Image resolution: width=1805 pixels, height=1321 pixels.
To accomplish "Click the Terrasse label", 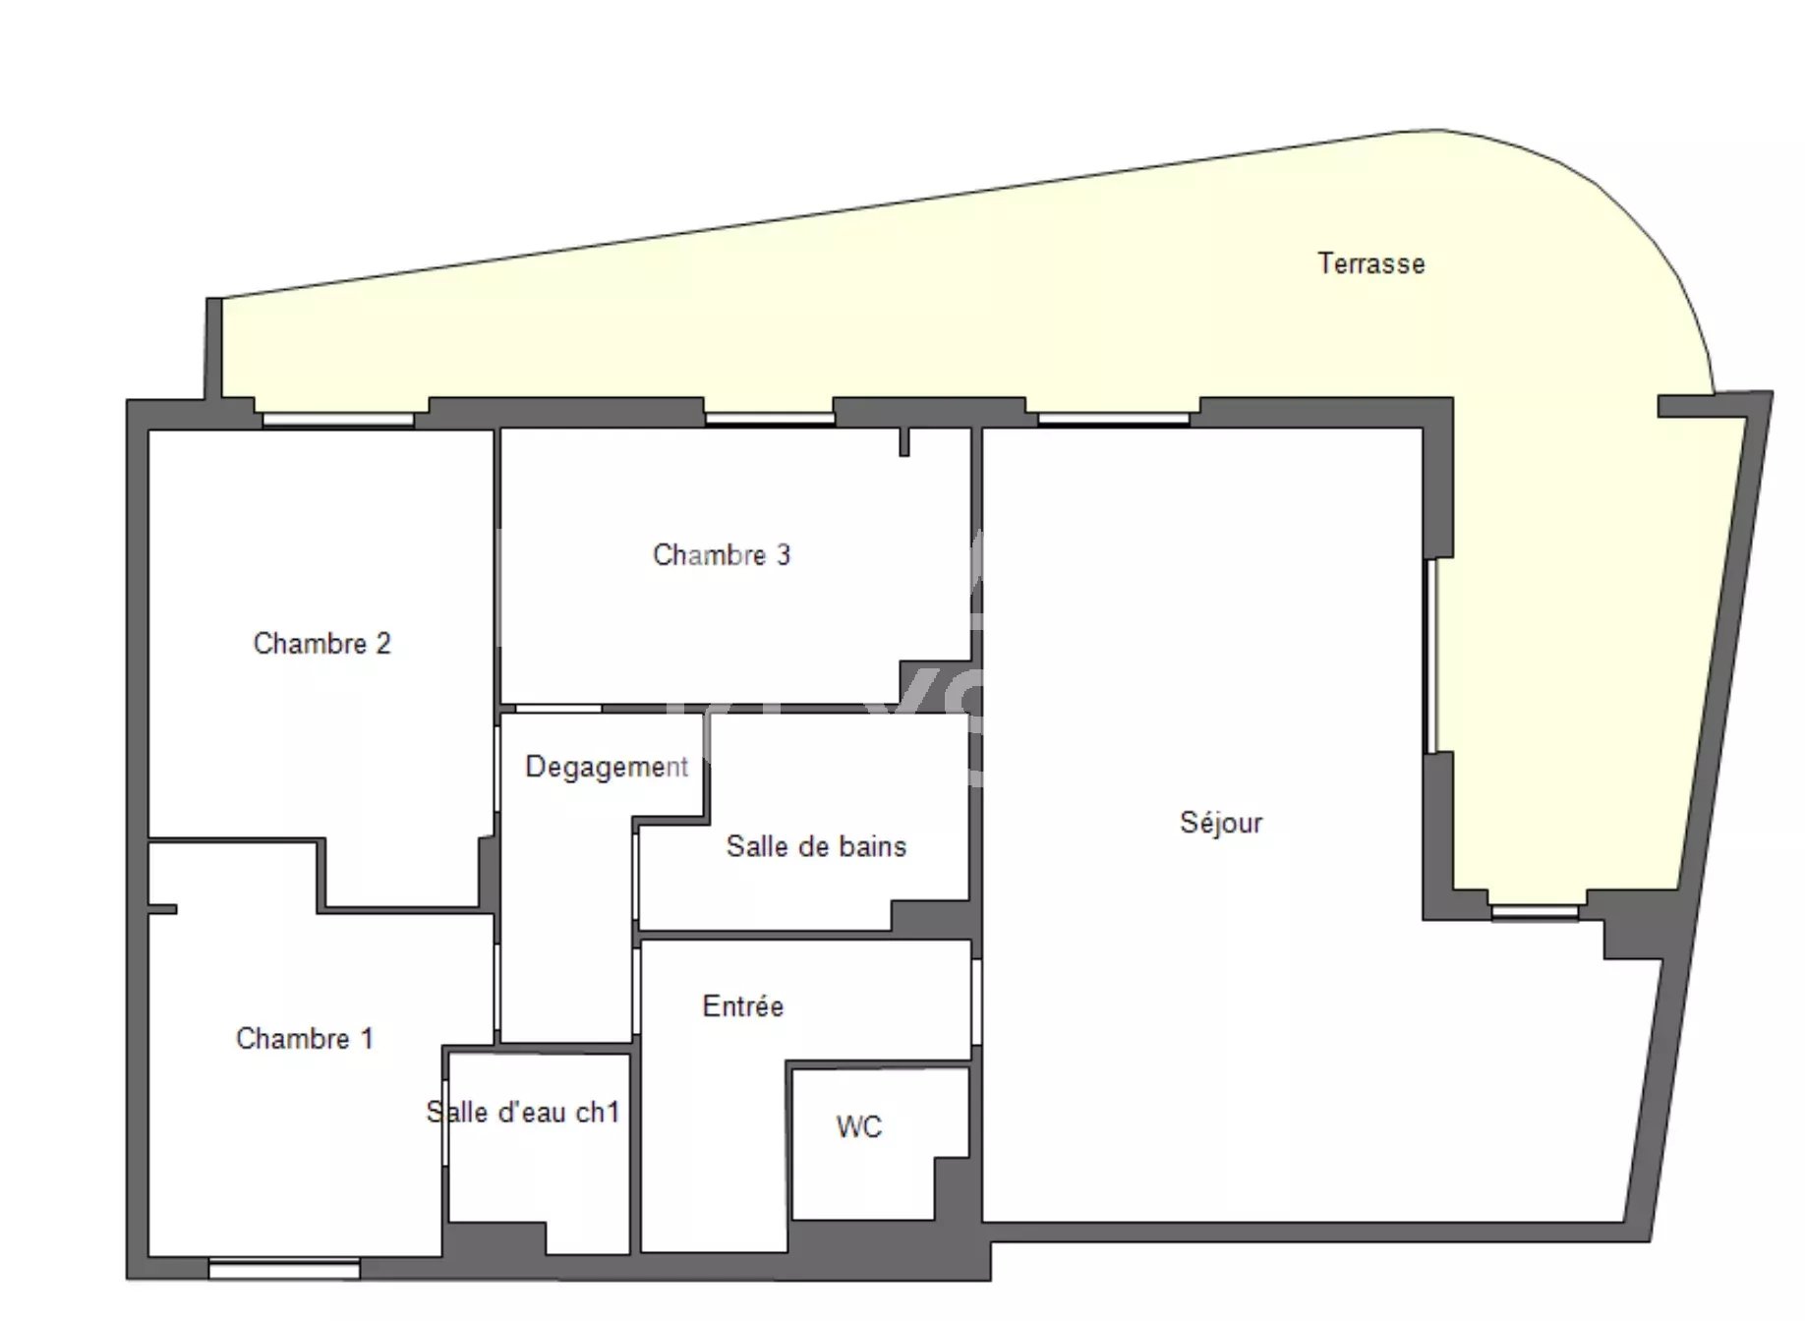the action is (1370, 263).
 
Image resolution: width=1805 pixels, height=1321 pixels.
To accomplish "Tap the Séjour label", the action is (1220, 822).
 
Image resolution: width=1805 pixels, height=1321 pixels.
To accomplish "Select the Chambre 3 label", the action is (722, 554).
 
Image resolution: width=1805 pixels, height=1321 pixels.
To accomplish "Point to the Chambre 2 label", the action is (321, 643).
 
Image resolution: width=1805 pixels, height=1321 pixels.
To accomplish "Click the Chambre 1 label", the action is (305, 1038).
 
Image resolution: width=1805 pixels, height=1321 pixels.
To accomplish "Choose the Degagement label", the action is (607, 767).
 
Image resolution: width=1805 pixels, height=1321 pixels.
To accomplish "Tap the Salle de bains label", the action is (816, 846).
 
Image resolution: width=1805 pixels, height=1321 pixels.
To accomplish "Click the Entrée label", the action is (743, 1005).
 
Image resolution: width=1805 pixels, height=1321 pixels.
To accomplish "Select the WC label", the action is (859, 1126).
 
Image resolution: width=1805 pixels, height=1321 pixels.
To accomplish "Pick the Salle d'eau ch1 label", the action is (523, 1112).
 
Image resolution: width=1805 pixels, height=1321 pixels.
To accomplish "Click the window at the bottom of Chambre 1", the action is (284, 1269).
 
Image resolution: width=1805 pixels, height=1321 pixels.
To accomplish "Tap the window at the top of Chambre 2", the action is (338, 420).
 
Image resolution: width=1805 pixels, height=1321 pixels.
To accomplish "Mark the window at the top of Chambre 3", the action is (770, 419).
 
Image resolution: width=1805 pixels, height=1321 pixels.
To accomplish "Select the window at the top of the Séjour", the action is (1114, 419).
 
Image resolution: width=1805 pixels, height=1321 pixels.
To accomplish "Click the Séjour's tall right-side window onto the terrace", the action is (1432, 656).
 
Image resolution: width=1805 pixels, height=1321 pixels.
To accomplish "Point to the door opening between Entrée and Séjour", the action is (976, 1002).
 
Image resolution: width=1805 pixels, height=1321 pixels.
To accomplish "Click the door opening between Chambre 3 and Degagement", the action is (558, 708).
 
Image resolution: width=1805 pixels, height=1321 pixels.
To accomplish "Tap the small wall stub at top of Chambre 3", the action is (904, 442).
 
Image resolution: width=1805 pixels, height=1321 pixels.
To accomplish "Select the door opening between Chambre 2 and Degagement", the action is (497, 770).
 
